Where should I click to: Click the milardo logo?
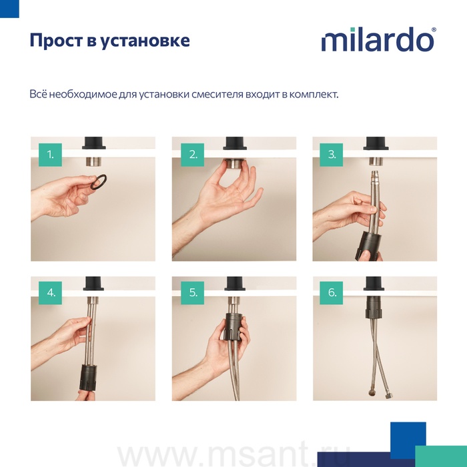coord(378,39)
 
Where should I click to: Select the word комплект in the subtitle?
coord(314,95)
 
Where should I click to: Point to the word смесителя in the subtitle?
coord(217,95)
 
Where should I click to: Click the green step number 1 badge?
coord(50,155)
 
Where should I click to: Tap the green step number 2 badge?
coord(193,155)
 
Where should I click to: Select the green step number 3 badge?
coord(331,155)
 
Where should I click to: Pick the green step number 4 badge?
coord(50,293)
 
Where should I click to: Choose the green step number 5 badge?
coord(193,293)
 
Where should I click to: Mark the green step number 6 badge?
coord(331,293)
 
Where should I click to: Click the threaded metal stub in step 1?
coord(93,161)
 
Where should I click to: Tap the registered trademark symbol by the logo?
coord(434,30)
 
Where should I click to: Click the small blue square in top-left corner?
coord(9,9)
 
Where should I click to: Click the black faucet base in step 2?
coord(234,143)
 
